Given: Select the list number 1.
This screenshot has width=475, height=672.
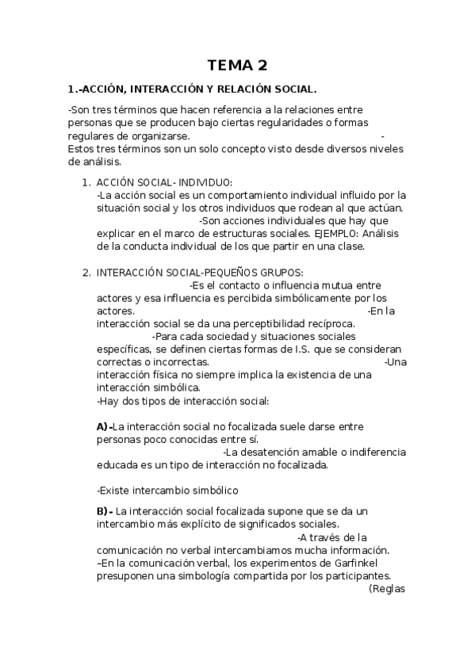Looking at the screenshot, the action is (86, 182).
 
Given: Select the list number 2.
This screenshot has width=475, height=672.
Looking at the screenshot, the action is (86, 272).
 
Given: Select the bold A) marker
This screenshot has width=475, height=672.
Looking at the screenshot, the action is (104, 426).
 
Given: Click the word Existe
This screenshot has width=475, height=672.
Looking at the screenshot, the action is (113, 490).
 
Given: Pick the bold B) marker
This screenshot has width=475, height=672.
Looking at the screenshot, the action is (105, 511).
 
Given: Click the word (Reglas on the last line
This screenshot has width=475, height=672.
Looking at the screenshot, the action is (387, 589).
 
